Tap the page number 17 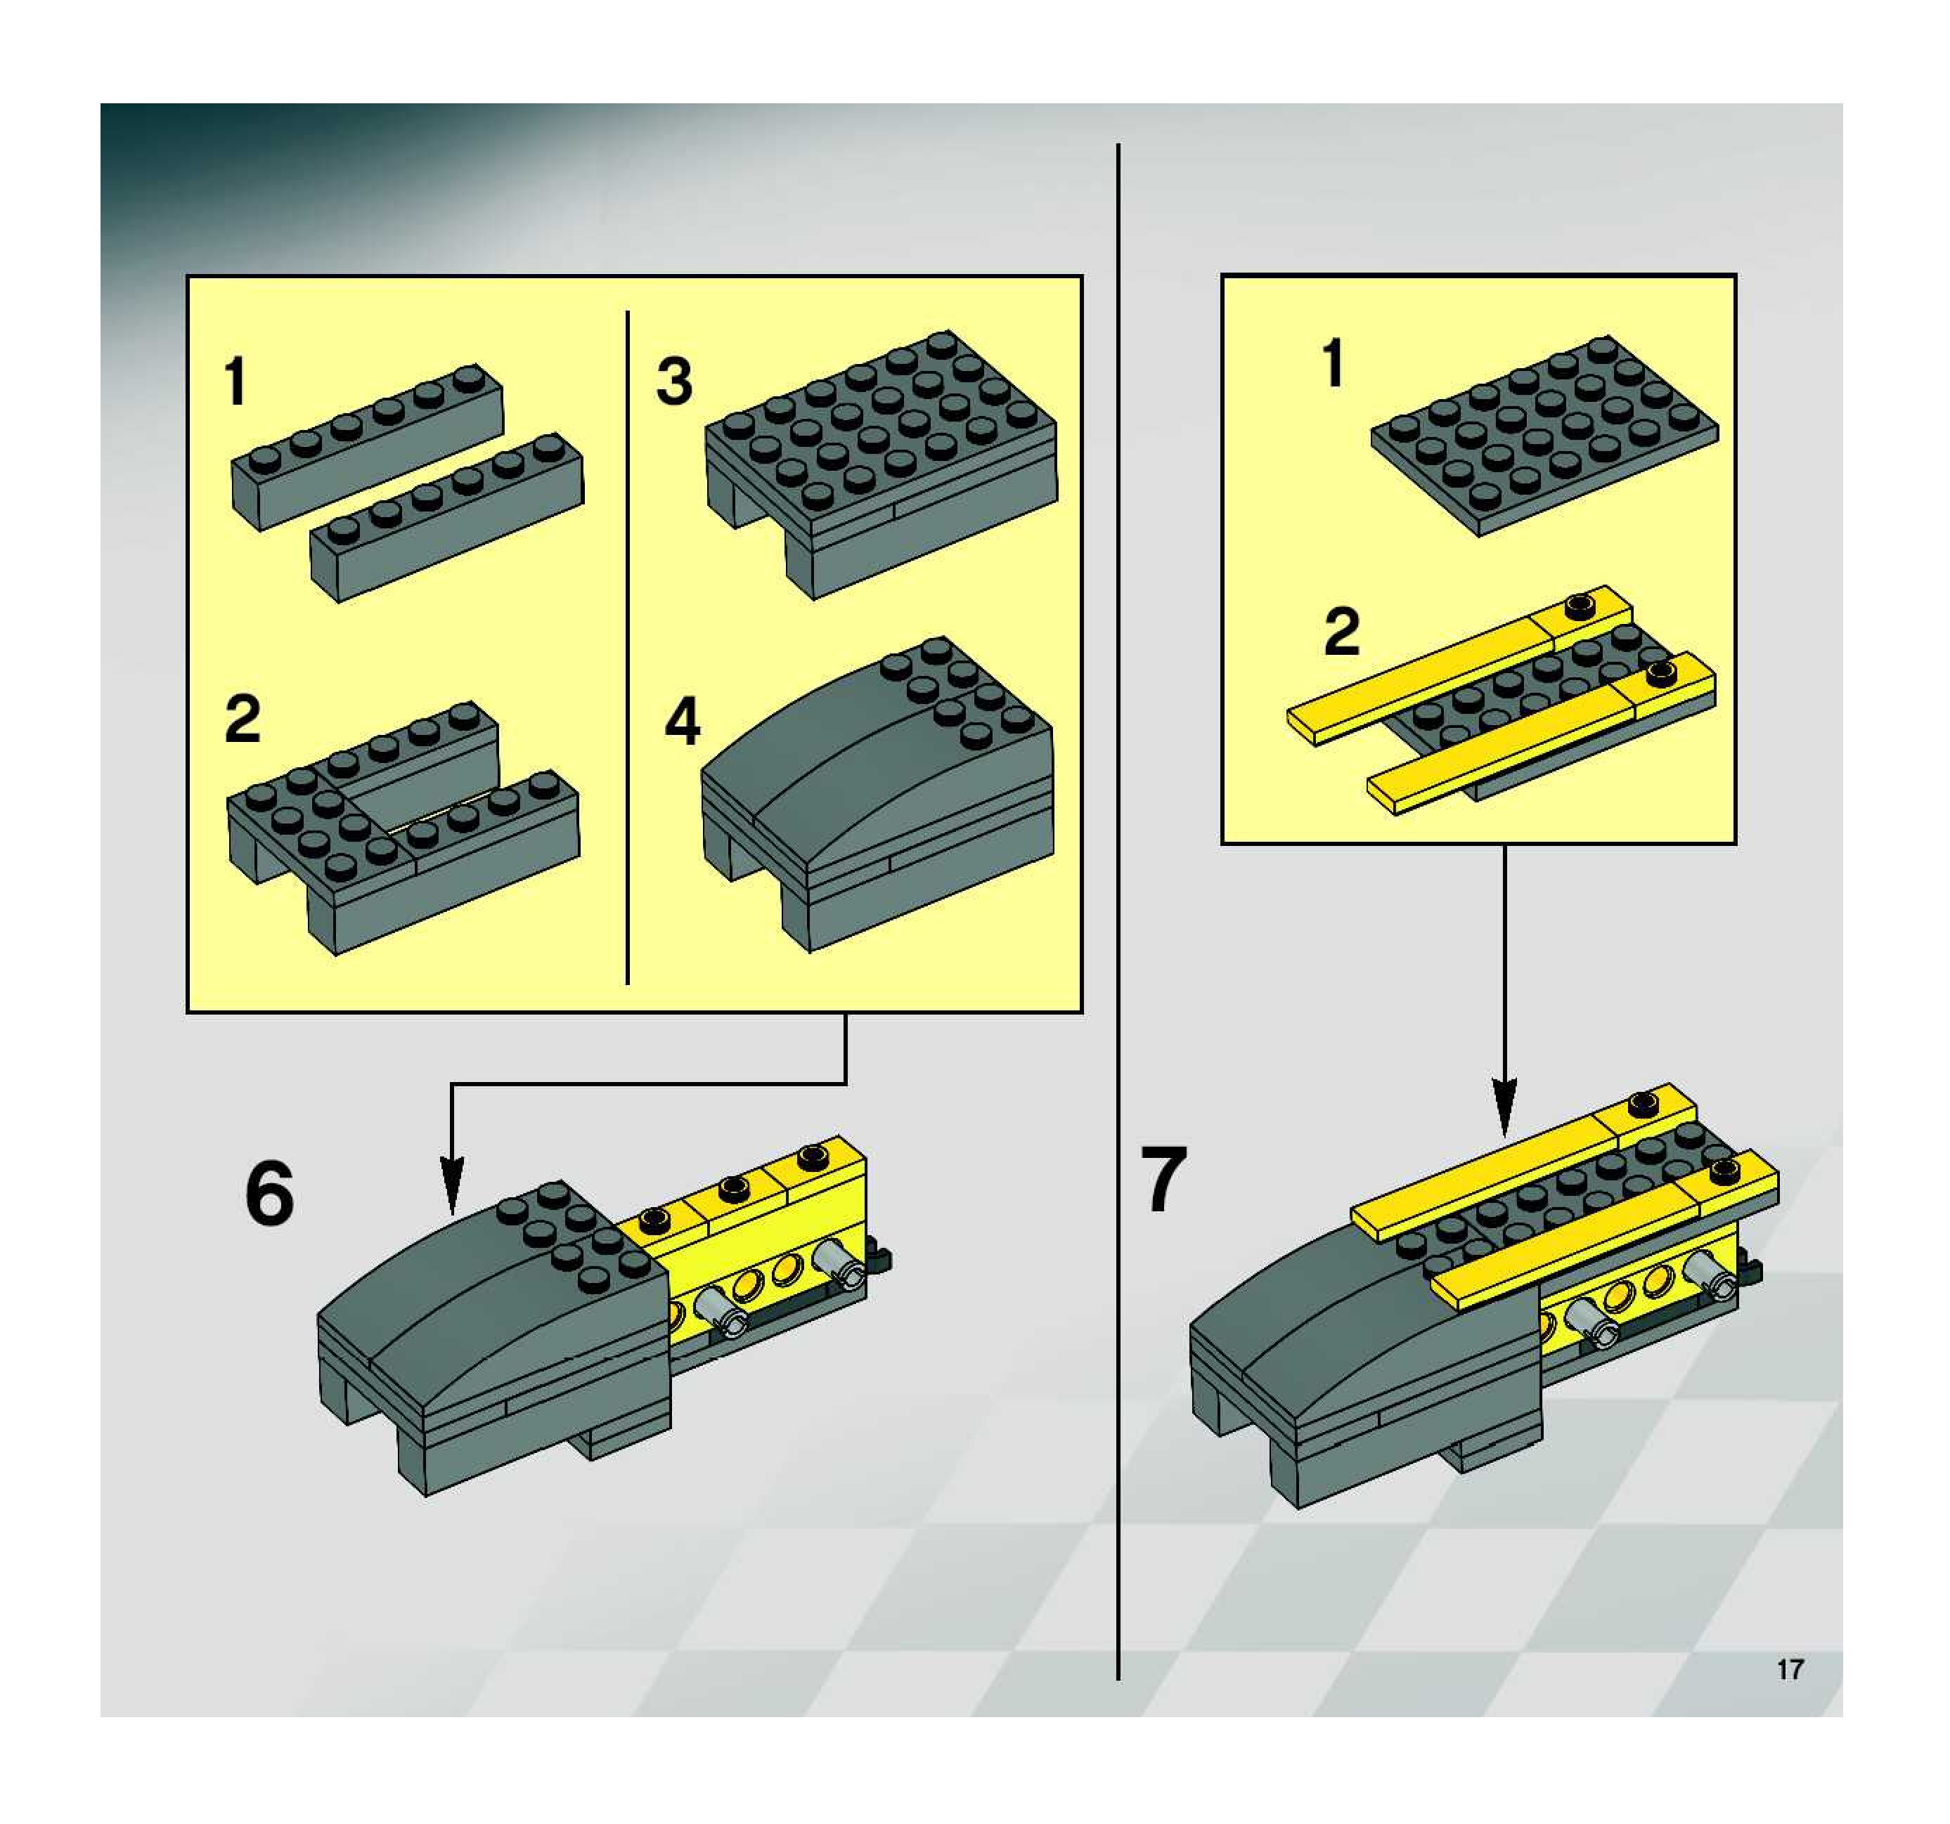1790,1669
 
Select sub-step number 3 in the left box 674,382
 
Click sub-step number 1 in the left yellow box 235,382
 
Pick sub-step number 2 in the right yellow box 1342,632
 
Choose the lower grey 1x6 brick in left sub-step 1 447,517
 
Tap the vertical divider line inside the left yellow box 627,647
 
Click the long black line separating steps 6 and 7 1118,912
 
